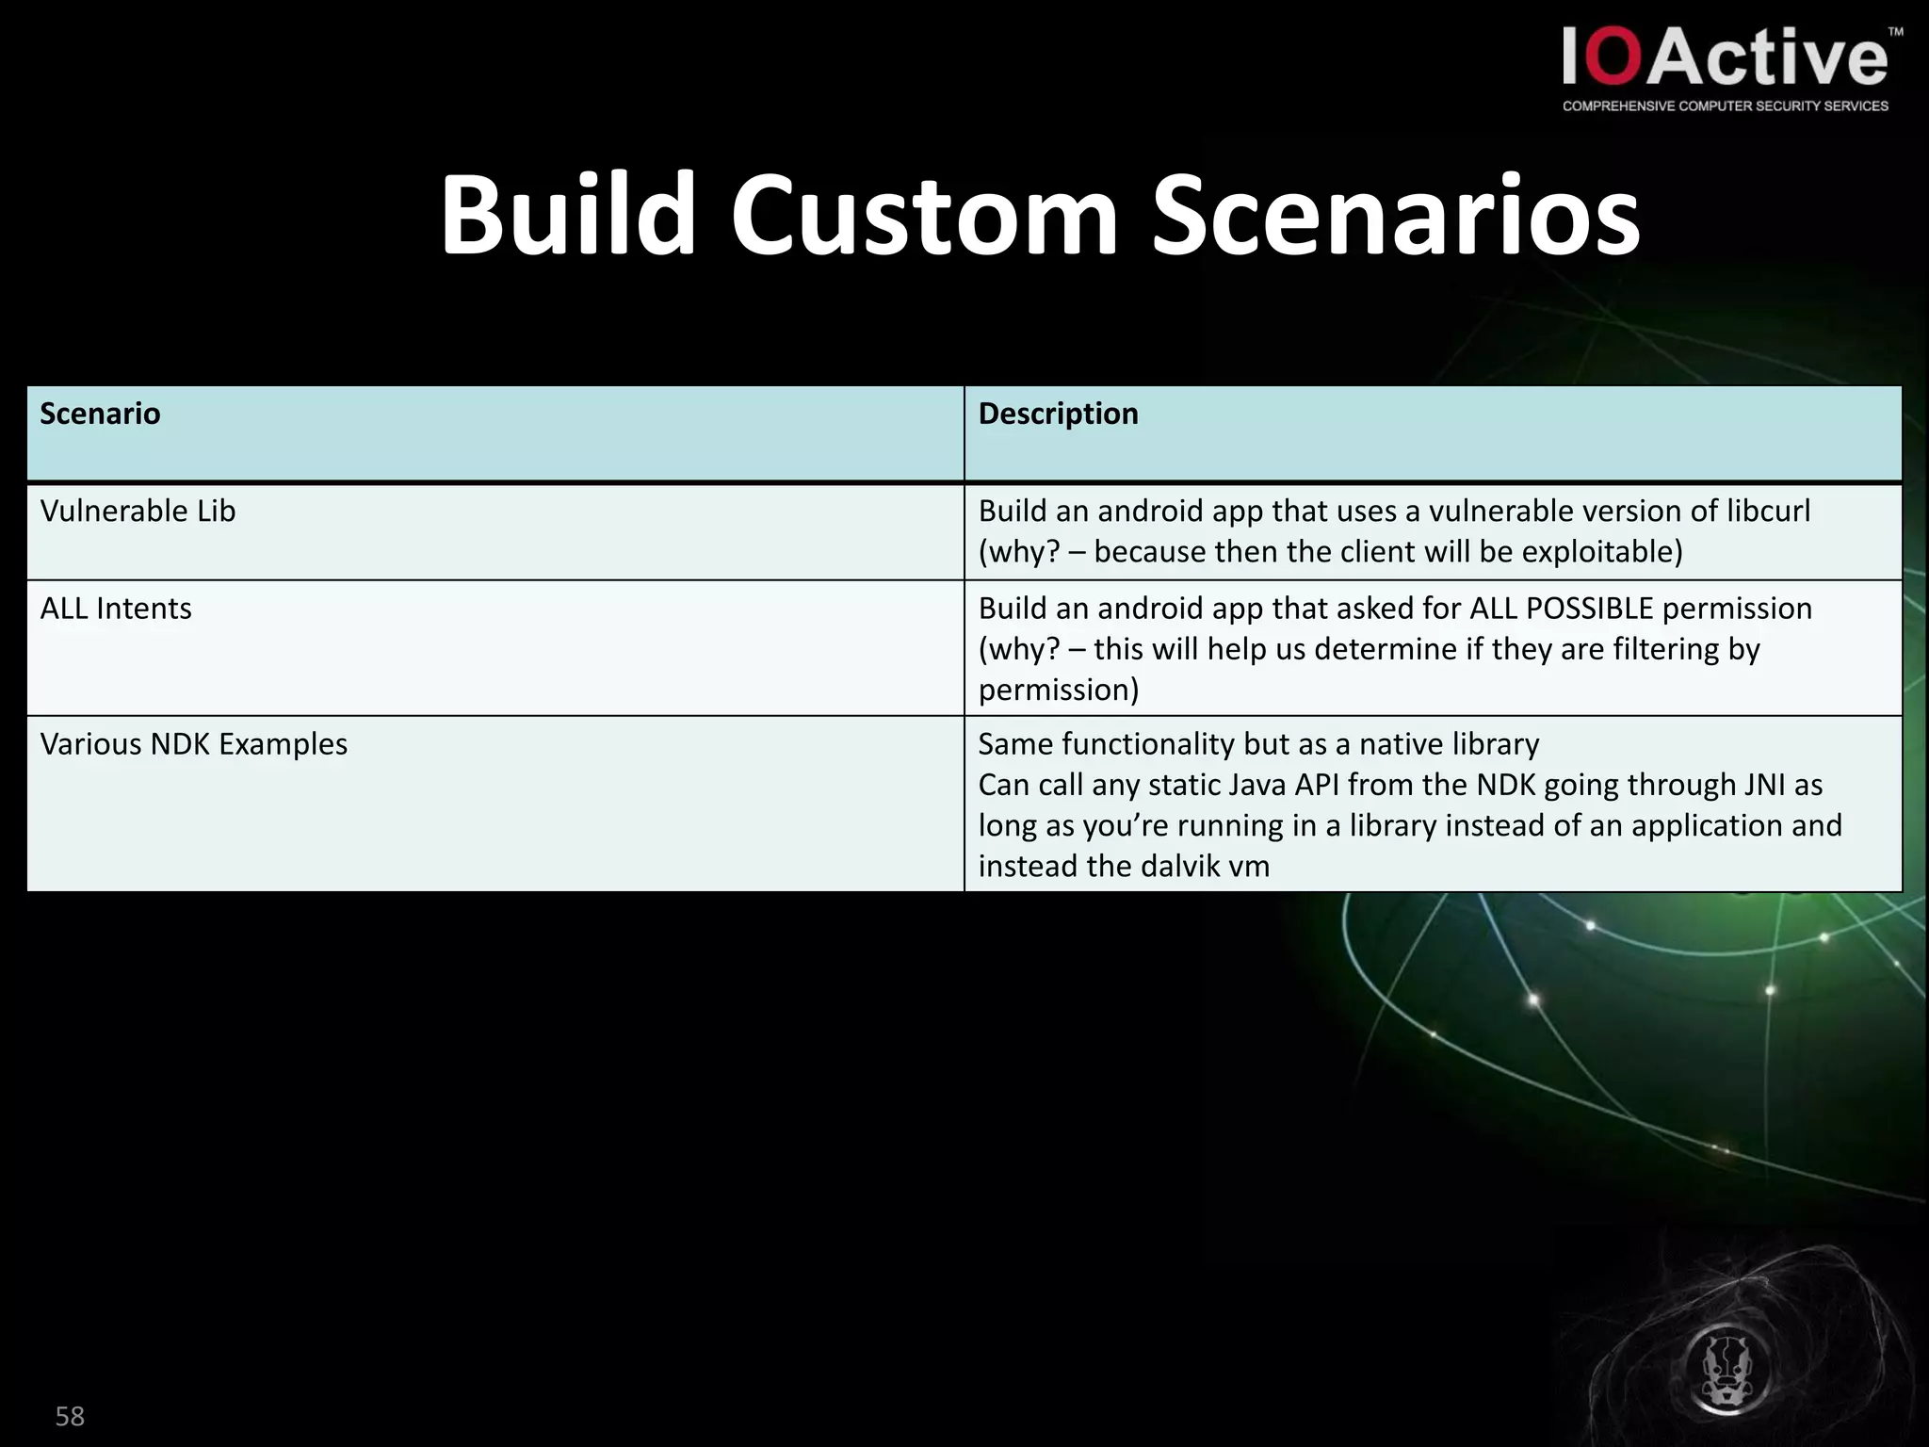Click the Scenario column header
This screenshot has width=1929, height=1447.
(x=100, y=414)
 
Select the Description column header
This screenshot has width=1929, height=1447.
(x=1058, y=414)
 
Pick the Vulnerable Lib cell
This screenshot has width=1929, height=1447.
(x=138, y=511)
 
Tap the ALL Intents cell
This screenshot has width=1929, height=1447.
(x=116, y=609)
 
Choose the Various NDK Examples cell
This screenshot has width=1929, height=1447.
(x=193, y=744)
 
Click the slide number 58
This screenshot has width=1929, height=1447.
(x=70, y=1416)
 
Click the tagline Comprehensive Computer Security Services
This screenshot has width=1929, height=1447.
(x=1725, y=106)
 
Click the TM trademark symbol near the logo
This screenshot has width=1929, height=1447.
(x=1895, y=32)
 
